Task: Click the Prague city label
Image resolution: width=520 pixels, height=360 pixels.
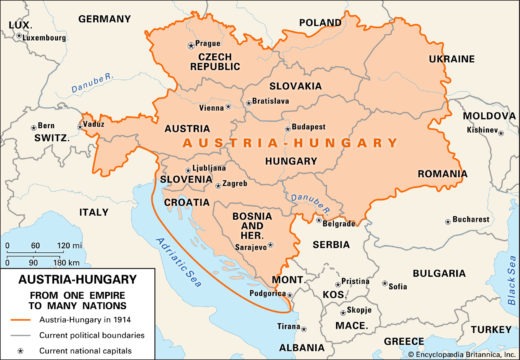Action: click(208, 44)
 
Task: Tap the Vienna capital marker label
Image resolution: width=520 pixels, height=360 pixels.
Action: click(211, 107)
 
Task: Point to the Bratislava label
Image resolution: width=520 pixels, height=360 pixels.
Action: click(270, 101)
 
